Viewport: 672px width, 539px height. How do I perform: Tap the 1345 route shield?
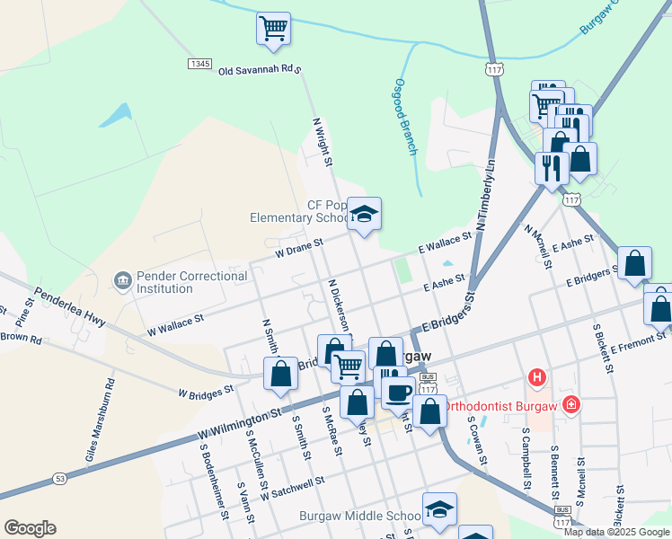tap(199, 64)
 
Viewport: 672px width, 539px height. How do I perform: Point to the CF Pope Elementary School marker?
tap(364, 214)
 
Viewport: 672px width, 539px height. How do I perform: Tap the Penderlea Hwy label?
tap(70, 306)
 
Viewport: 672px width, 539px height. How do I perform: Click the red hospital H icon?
tap(538, 376)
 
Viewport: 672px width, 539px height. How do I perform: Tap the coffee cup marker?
tap(399, 391)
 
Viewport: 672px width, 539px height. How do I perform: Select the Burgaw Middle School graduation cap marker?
tap(439, 508)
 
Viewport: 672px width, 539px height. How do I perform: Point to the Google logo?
tap(30, 528)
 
